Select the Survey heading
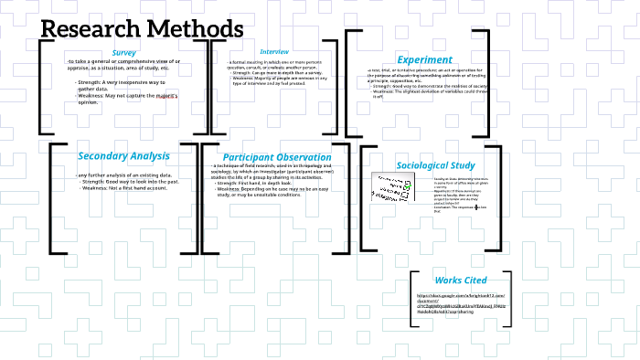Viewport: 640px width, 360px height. [124, 53]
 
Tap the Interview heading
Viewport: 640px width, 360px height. [274, 52]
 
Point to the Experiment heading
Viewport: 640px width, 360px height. [424, 59]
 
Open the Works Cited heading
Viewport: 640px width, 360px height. [461, 280]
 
